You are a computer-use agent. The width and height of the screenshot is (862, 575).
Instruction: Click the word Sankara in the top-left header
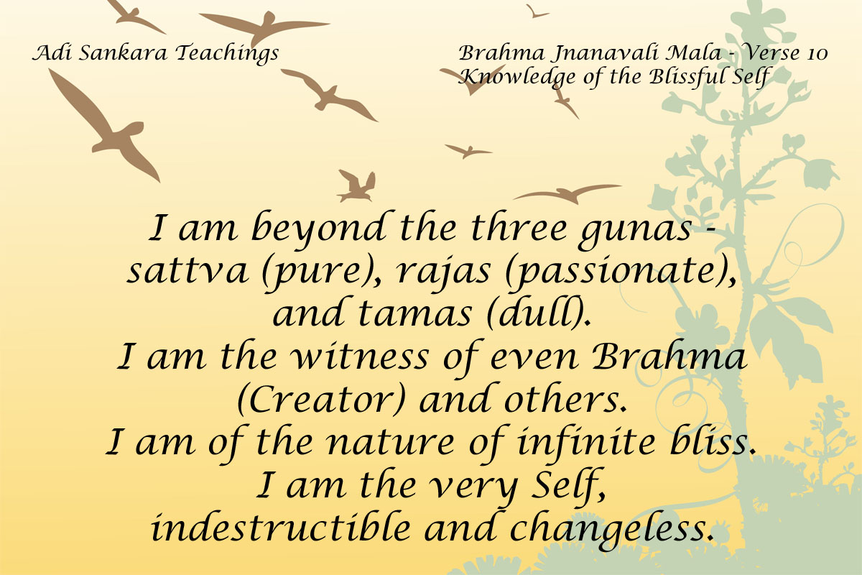click(123, 52)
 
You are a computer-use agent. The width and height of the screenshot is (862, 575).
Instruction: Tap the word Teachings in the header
click(227, 53)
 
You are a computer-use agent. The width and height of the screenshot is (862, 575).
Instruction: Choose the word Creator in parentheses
click(321, 399)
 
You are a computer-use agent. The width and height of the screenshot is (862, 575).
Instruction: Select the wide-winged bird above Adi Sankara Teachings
click(264, 27)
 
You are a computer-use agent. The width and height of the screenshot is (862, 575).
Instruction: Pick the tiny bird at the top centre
click(536, 12)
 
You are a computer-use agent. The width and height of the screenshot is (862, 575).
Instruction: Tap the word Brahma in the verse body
click(669, 356)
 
